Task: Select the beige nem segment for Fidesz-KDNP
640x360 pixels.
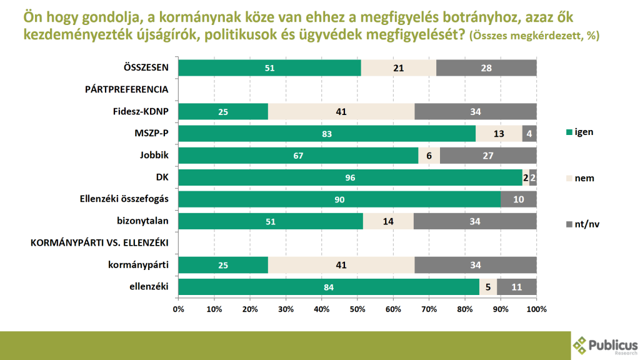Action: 341,112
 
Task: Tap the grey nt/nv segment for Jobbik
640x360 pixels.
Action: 488,156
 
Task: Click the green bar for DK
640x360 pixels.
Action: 350,177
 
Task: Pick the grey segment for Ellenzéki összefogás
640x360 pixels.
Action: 519,199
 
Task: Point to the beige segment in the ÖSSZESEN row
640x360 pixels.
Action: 399,67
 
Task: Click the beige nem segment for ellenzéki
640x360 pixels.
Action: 488,287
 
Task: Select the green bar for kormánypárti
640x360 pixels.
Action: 223,265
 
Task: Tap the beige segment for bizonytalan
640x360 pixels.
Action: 388,221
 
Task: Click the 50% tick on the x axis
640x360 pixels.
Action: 357,309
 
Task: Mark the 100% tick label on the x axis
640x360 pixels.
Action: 536,309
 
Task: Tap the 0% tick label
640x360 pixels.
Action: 178,309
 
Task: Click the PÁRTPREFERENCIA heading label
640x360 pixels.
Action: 126,89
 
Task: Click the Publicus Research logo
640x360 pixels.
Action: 604,346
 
